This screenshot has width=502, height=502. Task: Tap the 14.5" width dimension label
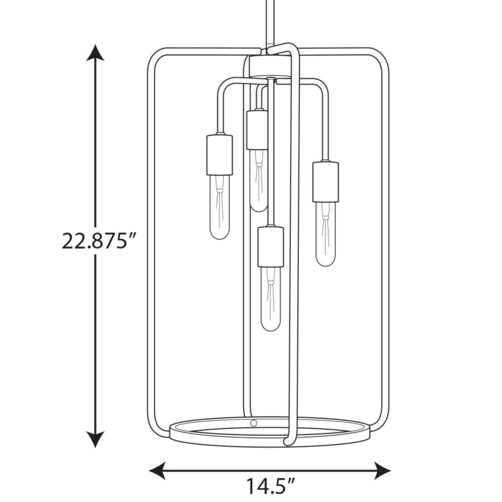pos(270,486)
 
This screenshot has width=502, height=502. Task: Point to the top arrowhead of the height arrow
pos(95,53)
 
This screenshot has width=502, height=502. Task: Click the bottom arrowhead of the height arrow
pos(95,439)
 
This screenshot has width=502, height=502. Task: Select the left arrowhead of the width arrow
pos(158,471)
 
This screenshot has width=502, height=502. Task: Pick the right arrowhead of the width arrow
pos(383,471)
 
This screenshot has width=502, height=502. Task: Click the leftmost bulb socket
pos(220,155)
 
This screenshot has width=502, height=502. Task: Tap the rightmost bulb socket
pos(326,182)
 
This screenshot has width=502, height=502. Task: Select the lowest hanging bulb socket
pos(271,247)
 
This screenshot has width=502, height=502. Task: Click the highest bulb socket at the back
pos(257,130)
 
